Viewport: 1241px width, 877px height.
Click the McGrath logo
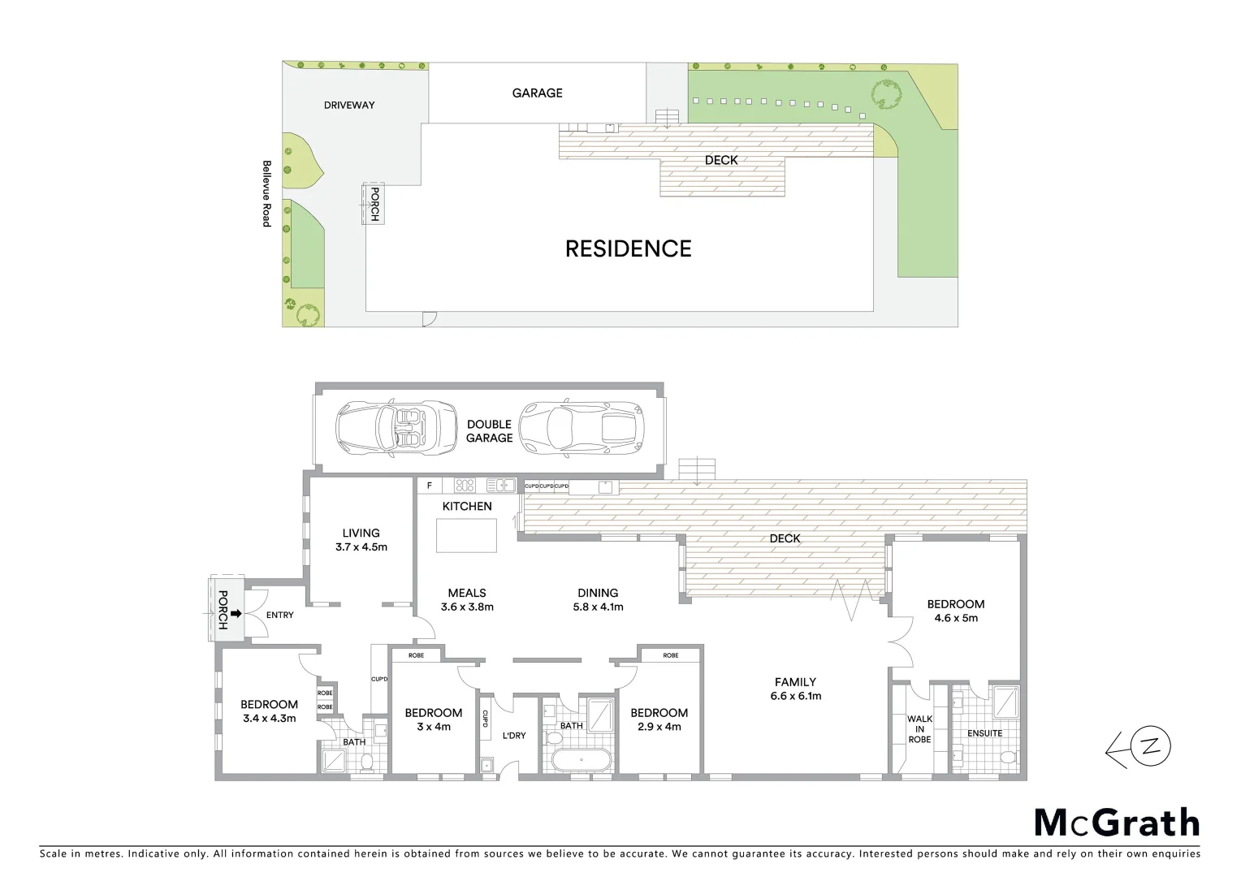pyautogui.click(x=1117, y=823)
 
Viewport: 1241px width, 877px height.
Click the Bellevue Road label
pyautogui.click(x=266, y=193)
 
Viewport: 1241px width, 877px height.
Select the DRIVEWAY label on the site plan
pyautogui.click(x=349, y=105)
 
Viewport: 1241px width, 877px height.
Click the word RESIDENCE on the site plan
pyautogui.click(x=628, y=248)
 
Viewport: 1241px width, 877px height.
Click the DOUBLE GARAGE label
pyautogui.click(x=489, y=431)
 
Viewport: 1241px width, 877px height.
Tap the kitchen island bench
pyautogui.click(x=466, y=535)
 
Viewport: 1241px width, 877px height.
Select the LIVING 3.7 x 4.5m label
pyautogui.click(x=361, y=540)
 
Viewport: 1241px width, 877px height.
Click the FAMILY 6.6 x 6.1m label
pyautogui.click(x=795, y=689)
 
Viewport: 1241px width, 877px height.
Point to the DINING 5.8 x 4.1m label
pyautogui.click(x=598, y=599)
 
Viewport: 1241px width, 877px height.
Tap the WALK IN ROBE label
pyautogui.click(x=919, y=728)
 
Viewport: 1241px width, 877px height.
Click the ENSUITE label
pyautogui.click(x=984, y=733)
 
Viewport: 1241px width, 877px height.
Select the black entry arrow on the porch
pyautogui.click(x=236, y=613)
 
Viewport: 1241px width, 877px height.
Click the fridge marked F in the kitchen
pyautogui.click(x=430, y=486)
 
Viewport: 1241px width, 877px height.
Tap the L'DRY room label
pyautogui.click(x=513, y=735)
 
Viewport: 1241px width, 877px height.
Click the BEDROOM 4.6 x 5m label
pyautogui.click(x=956, y=611)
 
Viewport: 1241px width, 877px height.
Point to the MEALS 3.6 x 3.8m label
pyautogui.click(x=467, y=599)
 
